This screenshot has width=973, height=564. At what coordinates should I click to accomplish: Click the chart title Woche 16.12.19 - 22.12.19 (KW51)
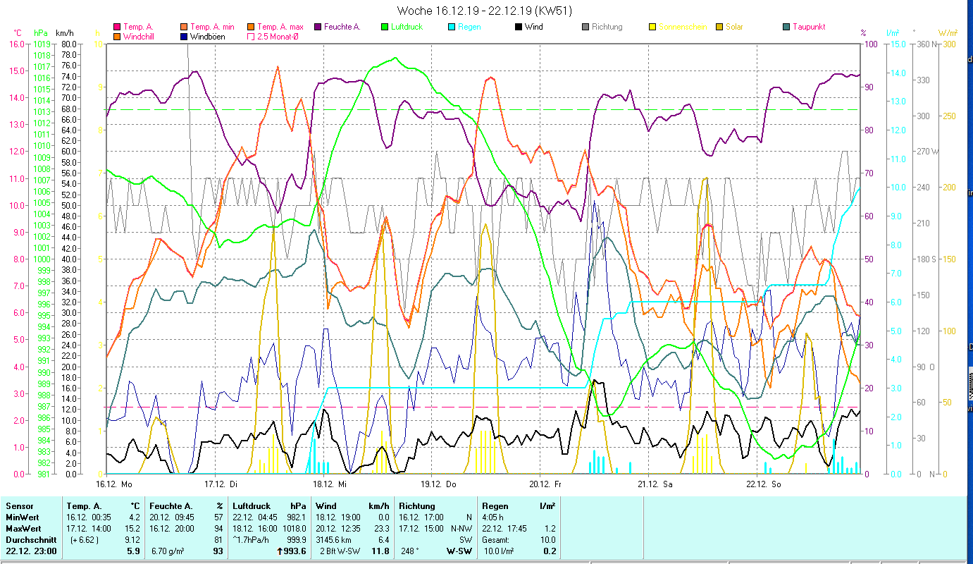[x=484, y=11]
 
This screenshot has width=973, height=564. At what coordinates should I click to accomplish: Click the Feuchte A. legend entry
[x=342, y=27]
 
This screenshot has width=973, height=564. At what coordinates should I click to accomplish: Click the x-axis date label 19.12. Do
[x=439, y=484]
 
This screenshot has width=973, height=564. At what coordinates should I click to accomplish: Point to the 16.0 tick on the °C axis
[x=16, y=44]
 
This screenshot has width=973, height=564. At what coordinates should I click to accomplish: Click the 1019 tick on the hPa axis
[x=42, y=44]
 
